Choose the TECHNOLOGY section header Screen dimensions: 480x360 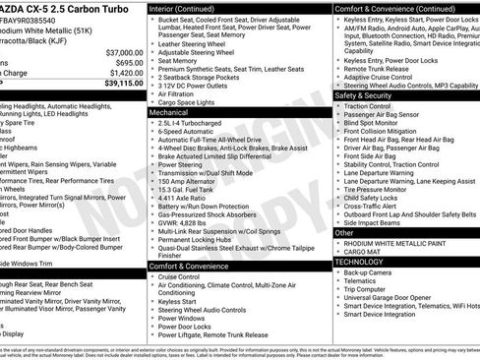click(360, 262)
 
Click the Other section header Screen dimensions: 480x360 click(344, 233)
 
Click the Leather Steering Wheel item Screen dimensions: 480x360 click(198, 44)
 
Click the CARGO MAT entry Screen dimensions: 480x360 click(363, 252)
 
